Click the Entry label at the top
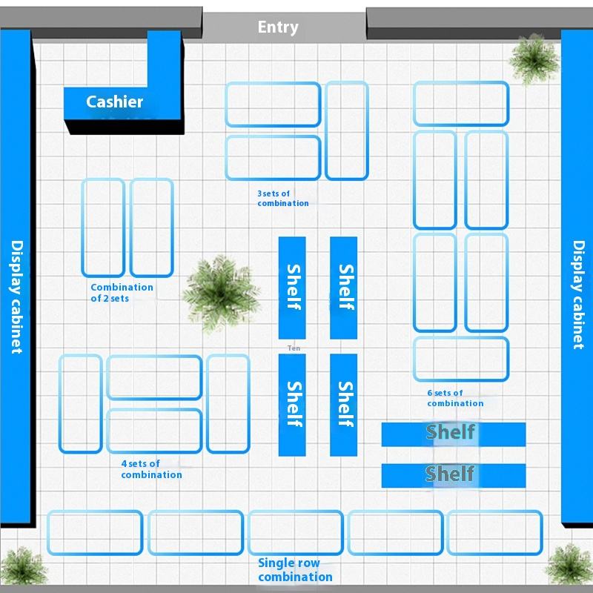(278, 27)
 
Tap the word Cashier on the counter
(114, 102)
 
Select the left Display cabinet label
(17, 296)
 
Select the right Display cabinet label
(578, 294)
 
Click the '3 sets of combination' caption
(282, 198)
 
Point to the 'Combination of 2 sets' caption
(122, 293)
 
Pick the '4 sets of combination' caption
(151, 469)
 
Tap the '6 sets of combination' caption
(454, 398)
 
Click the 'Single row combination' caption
(295, 570)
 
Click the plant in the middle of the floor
(219, 291)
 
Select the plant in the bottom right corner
(569, 566)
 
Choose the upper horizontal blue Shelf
(453, 434)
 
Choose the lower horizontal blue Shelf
(453, 475)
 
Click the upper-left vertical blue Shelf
(292, 287)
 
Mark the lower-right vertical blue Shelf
(343, 404)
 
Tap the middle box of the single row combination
(295, 532)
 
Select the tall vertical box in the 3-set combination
(346, 130)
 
